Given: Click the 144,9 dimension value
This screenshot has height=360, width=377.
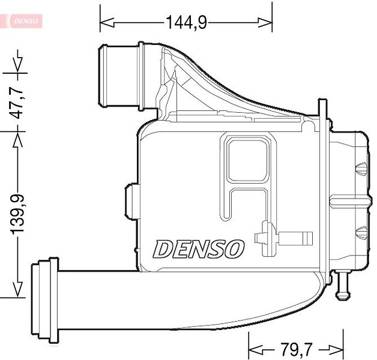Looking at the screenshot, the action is pos(186,22).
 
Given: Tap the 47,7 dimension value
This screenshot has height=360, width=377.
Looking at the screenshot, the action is pos(17,103).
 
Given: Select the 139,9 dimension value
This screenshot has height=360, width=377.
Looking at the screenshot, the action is pos(17,214).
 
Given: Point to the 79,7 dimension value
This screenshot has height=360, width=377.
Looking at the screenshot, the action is pos(296,349).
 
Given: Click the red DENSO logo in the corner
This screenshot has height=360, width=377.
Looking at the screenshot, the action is pos(26,21).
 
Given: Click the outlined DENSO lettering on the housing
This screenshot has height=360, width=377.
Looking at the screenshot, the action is pos(198,249).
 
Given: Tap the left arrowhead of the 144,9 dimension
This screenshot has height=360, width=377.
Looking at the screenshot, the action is pos(107,23).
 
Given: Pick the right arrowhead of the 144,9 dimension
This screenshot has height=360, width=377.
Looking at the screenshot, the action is pos(265,23).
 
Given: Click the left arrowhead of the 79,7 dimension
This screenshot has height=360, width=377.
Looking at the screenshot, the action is pos(255,349).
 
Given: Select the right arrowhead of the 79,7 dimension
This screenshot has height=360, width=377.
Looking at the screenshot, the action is pos(336,349).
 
